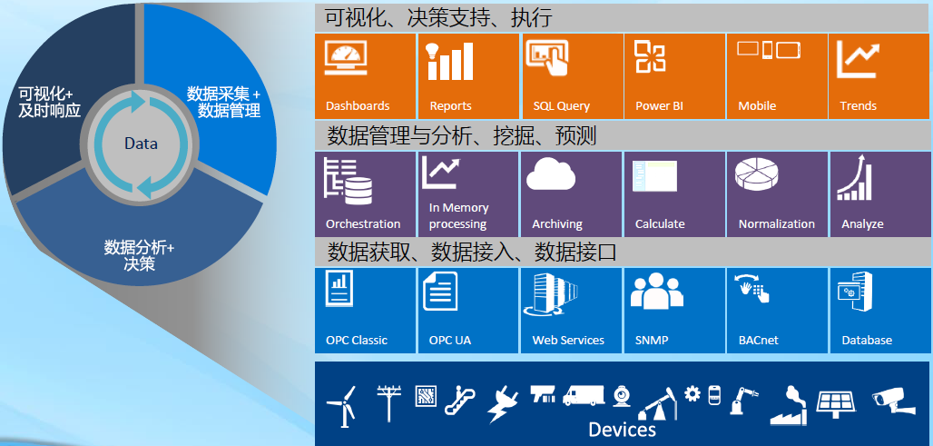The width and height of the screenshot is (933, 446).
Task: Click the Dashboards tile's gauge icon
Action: coord(346,57)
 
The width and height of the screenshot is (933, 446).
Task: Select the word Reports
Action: coord(450,106)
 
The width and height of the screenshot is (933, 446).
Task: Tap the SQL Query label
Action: coord(561,106)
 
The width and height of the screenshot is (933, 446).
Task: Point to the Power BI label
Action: coord(659,106)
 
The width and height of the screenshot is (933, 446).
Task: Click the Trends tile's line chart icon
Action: coord(858,59)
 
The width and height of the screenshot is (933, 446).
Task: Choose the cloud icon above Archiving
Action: coord(551,173)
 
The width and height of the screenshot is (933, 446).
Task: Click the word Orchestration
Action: coord(363,223)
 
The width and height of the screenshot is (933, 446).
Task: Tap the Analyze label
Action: coord(862,224)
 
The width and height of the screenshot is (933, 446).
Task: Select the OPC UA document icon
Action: coord(440,291)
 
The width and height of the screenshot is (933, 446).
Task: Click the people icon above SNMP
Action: coord(657,292)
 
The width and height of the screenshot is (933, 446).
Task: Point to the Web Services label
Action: coord(568,341)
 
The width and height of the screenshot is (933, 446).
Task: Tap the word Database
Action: coord(867,341)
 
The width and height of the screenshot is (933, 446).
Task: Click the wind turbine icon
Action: coord(342,404)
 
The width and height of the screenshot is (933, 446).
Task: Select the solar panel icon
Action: coord(836,403)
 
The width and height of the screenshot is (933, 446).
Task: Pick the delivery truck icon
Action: coord(583,395)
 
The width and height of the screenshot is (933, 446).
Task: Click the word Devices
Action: coord(622,430)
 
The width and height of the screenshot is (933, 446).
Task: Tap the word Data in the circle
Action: coord(141,144)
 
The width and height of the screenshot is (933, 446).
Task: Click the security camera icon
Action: coord(893,400)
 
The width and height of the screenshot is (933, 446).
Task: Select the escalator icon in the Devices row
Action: coord(459,401)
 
